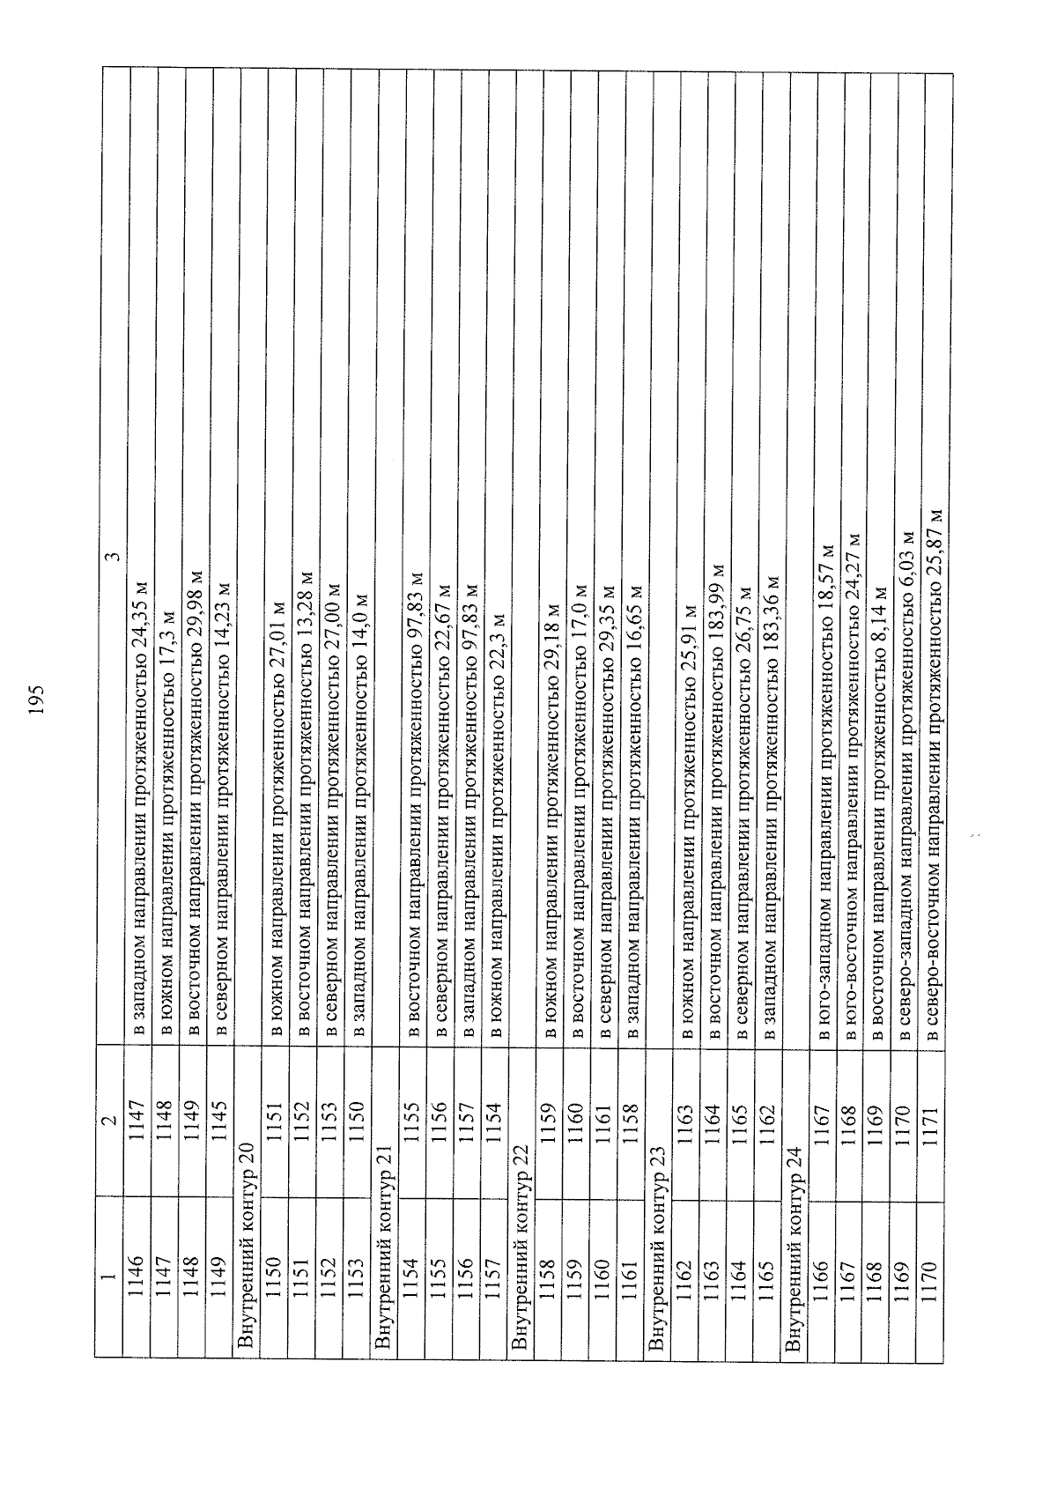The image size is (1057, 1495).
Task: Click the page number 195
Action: (x=37, y=699)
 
